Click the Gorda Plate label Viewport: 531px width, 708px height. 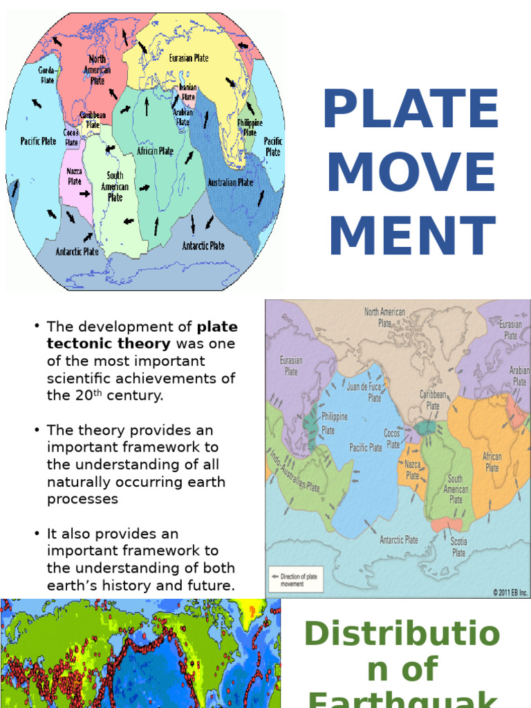click(x=47, y=75)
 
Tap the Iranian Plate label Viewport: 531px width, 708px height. click(x=188, y=93)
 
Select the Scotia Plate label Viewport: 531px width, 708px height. click(x=458, y=547)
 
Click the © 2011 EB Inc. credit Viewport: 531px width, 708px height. click(x=510, y=592)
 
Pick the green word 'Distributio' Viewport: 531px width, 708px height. click(x=402, y=634)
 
